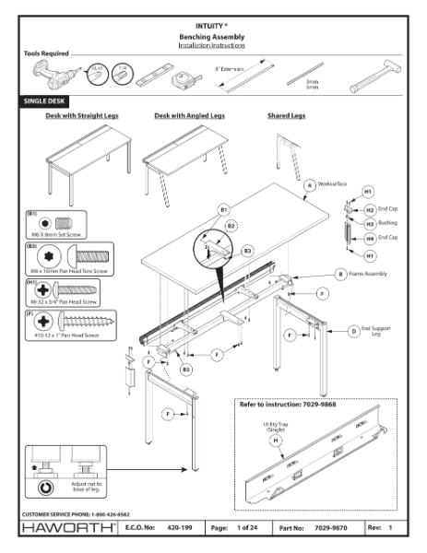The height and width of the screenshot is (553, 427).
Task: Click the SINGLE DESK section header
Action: [x=44, y=101]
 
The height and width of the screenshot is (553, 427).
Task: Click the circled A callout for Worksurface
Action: [x=309, y=184]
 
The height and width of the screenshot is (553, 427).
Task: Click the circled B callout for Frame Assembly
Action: [x=340, y=274]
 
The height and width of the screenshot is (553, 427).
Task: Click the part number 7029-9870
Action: [x=329, y=529]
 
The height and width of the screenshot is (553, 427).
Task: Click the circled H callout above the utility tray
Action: [x=276, y=441]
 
